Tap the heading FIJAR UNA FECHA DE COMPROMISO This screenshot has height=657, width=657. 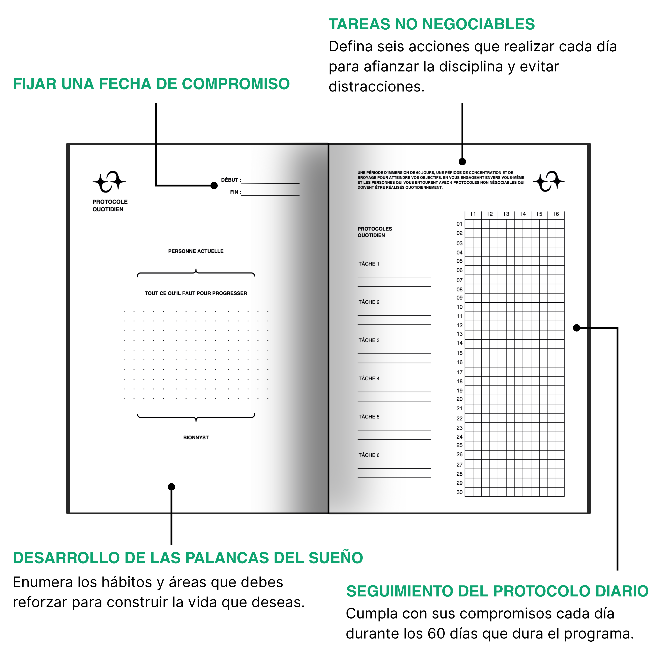pyautogui.click(x=151, y=84)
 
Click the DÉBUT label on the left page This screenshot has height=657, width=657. pyautogui.click(x=230, y=180)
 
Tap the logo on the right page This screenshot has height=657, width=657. pyautogui.click(x=548, y=181)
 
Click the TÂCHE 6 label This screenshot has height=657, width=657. pyautogui.click(x=369, y=455)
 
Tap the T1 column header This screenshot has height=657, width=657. pyautogui.click(x=473, y=214)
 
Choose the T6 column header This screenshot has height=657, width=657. pyautogui.click(x=555, y=214)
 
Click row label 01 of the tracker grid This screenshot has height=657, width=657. pyautogui.click(x=459, y=224)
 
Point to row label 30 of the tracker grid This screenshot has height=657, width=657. pyautogui.click(x=459, y=492)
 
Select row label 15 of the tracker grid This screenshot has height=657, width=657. pyautogui.click(x=459, y=353)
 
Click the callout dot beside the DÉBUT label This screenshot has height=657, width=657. pyautogui.click(x=214, y=185)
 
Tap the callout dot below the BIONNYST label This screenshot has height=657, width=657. pyautogui.click(x=171, y=487)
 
